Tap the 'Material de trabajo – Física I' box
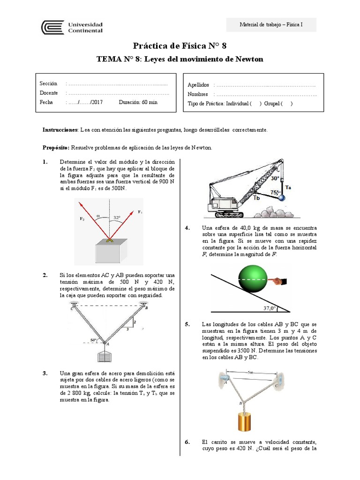pos(271,24)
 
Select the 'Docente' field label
pos(49,93)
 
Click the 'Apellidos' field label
pos(198,85)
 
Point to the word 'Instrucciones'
pos(60,129)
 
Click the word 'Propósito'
pos(56,148)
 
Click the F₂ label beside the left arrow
pos(83,219)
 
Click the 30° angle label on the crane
pos(275,179)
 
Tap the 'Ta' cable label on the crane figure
pos(288,187)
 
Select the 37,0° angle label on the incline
pos(269,308)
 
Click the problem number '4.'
pos(187,228)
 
